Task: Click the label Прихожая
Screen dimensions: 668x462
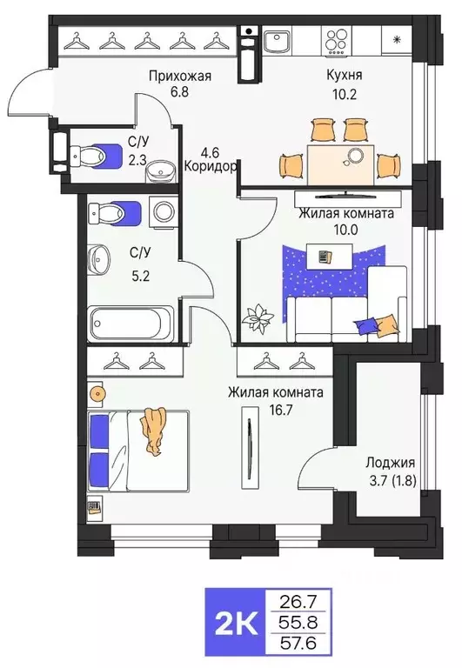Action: (179, 76)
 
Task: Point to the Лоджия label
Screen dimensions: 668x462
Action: (391, 463)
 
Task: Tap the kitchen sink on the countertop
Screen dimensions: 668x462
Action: (278, 41)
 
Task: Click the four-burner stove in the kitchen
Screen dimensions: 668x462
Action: (338, 40)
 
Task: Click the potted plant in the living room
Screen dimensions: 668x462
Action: (258, 318)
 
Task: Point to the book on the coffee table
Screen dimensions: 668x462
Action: (325, 257)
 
